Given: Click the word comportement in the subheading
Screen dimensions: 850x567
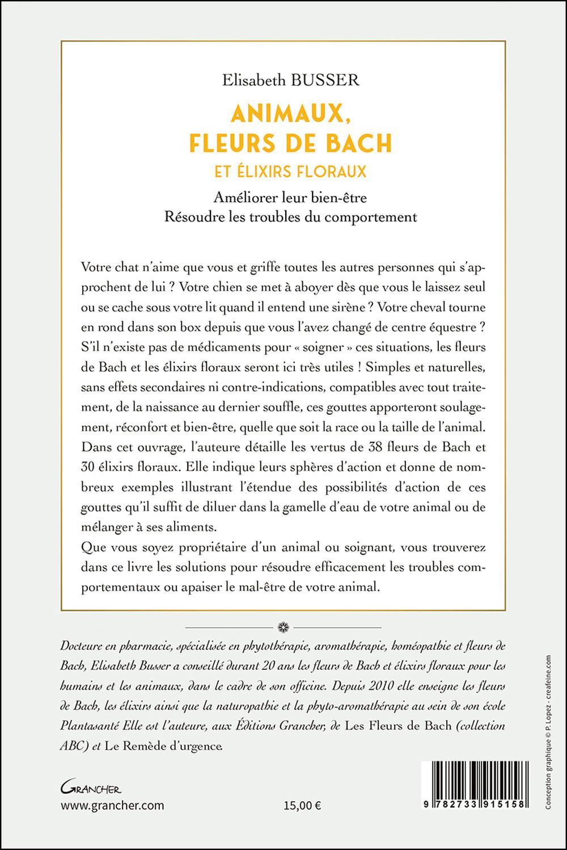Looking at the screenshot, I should (x=378, y=217).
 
